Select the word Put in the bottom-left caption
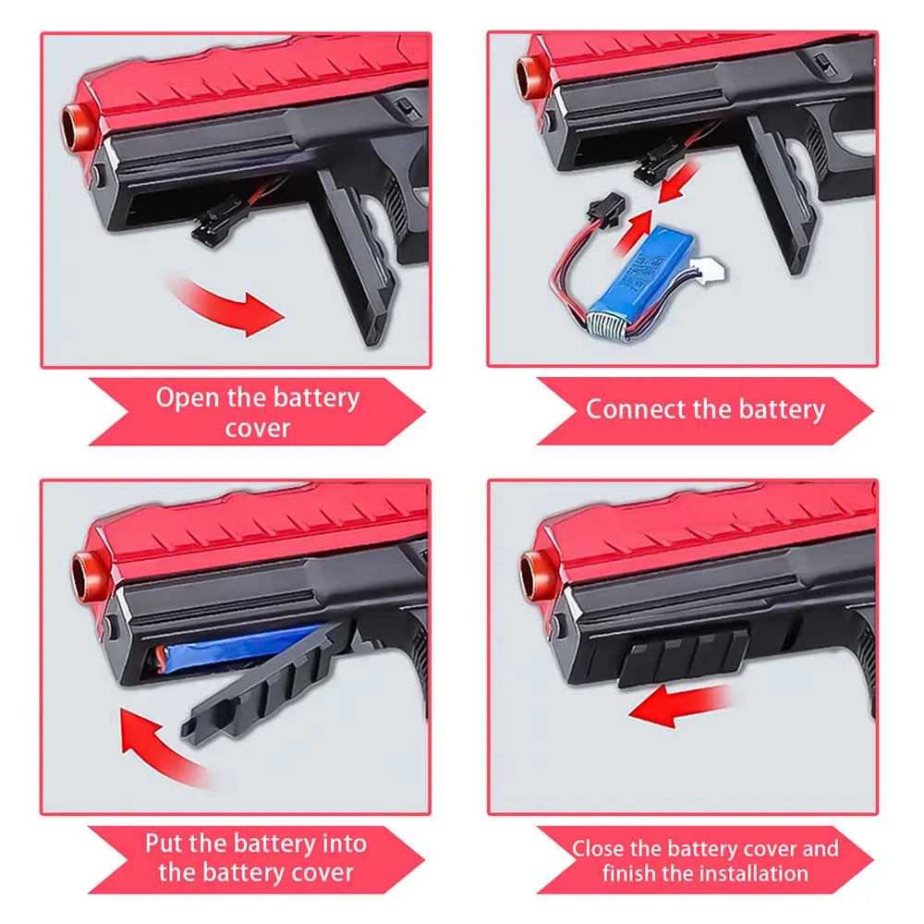pyautogui.click(x=164, y=844)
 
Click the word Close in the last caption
pyautogui.click(x=597, y=849)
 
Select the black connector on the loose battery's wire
pyautogui.click(x=606, y=206)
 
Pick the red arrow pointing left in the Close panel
pyautogui.click(x=681, y=705)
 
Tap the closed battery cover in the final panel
pyautogui.click(x=684, y=655)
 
